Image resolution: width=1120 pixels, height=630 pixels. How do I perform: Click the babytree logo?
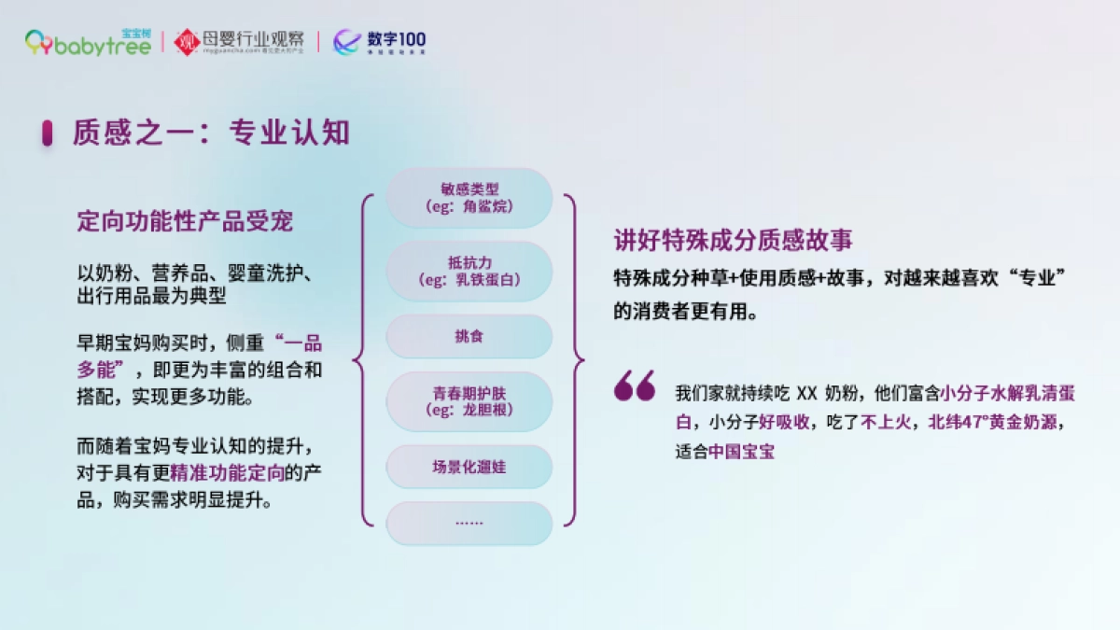(x=88, y=42)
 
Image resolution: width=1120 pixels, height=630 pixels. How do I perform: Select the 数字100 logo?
(x=380, y=42)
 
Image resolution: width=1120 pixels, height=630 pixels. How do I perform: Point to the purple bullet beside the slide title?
(x=47, y=133)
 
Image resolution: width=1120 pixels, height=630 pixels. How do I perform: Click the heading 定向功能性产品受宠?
(x=185, y=221)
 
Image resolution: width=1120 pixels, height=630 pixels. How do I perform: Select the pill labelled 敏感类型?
(x=469, y=197)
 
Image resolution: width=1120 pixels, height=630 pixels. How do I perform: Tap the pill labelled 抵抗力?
(x=469, y=271)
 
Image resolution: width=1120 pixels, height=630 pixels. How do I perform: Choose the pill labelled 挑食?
(x=469, y=336)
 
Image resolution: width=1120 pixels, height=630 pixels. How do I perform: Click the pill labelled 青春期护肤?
(x=469, y=401)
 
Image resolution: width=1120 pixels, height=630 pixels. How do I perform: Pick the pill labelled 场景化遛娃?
(x=469, y=467)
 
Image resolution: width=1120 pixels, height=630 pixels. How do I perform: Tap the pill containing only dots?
(x=469, y=523)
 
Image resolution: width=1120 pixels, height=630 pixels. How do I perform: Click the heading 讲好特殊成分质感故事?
(x=733, y=240)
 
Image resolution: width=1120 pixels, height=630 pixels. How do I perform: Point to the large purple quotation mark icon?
(x=635, y=385)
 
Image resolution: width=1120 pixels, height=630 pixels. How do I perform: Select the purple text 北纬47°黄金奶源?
(x=995, y=422)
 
